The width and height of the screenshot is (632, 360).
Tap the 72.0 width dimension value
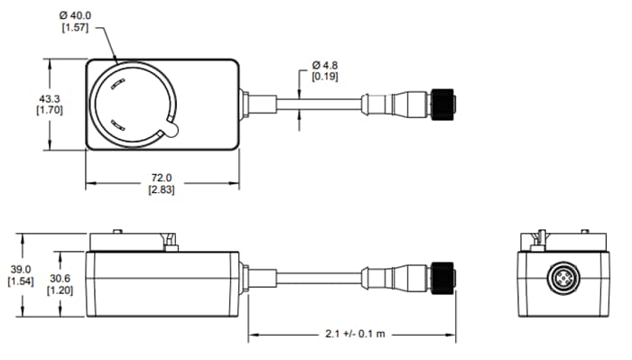(163, 177)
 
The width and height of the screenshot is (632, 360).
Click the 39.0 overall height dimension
(20, 269)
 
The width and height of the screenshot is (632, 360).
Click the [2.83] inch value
(163, 189)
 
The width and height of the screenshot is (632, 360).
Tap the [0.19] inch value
(326, 78)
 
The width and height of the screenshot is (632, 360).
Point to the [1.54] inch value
(20, 282)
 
